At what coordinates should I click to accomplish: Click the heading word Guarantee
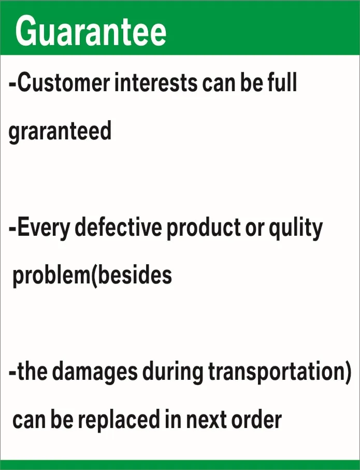pyautogui.click(x=91, y=31)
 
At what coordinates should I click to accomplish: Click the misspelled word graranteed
pyautogui.click(x=60, y=132)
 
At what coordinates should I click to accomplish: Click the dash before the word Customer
pyautogui.click(x=12, y=83)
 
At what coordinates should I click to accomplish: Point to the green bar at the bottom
pyautogui.click(x=180, y=464)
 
